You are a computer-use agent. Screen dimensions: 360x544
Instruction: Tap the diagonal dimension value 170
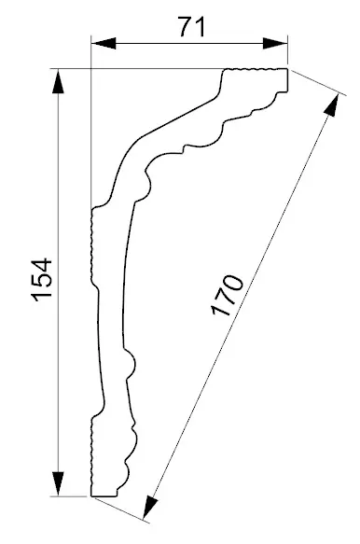pos(228,297)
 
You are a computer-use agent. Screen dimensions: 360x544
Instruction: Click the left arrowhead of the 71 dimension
pos(102,43)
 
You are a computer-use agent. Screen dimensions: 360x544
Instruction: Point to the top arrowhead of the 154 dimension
pos(59,80)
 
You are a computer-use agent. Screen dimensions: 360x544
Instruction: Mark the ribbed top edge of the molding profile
pos(256,70)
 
